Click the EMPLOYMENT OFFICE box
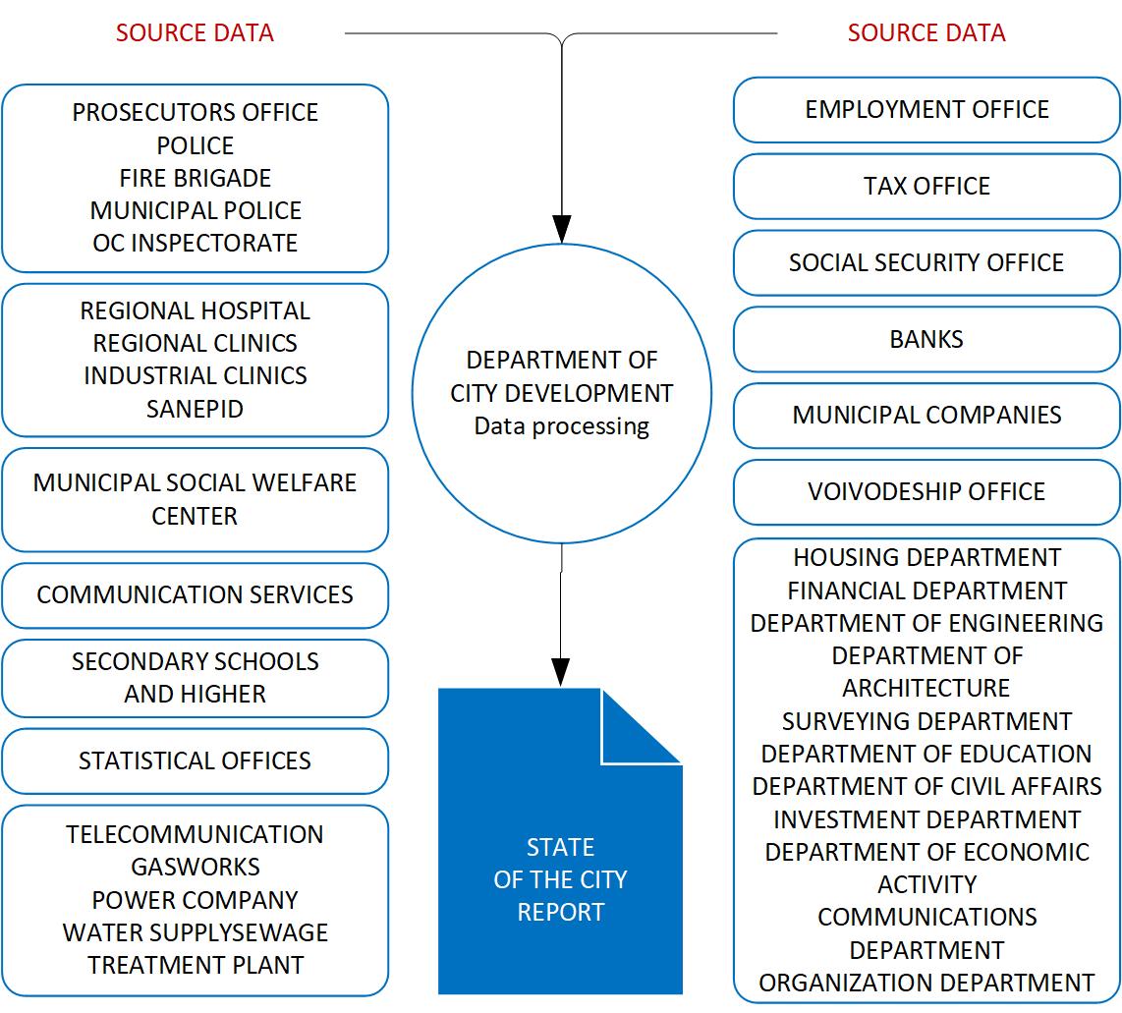(x=926, y=110)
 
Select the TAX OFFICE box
(x=926, y=187)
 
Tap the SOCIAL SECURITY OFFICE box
(x=926, y=263)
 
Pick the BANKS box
(x=926, y=340)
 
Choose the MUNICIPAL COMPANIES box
(x=926, y=416)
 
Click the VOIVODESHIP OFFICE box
(x=926, y=492)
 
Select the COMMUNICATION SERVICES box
(x=195, y=595)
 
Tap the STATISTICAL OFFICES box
(x=195, y=761)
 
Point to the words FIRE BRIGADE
(x=195, y=178)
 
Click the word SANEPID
(x=195, y=409)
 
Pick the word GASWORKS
(x=195, y=868)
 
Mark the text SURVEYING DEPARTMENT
(x=926, y=722)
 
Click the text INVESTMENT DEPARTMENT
(x=926, y=820)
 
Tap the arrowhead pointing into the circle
(x=561, y=230)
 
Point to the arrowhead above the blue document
(x=561, y=674)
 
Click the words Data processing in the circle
(x=561, y=427)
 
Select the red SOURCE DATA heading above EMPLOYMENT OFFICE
(x=926, y=33)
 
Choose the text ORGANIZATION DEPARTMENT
(x=926, y=984)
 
